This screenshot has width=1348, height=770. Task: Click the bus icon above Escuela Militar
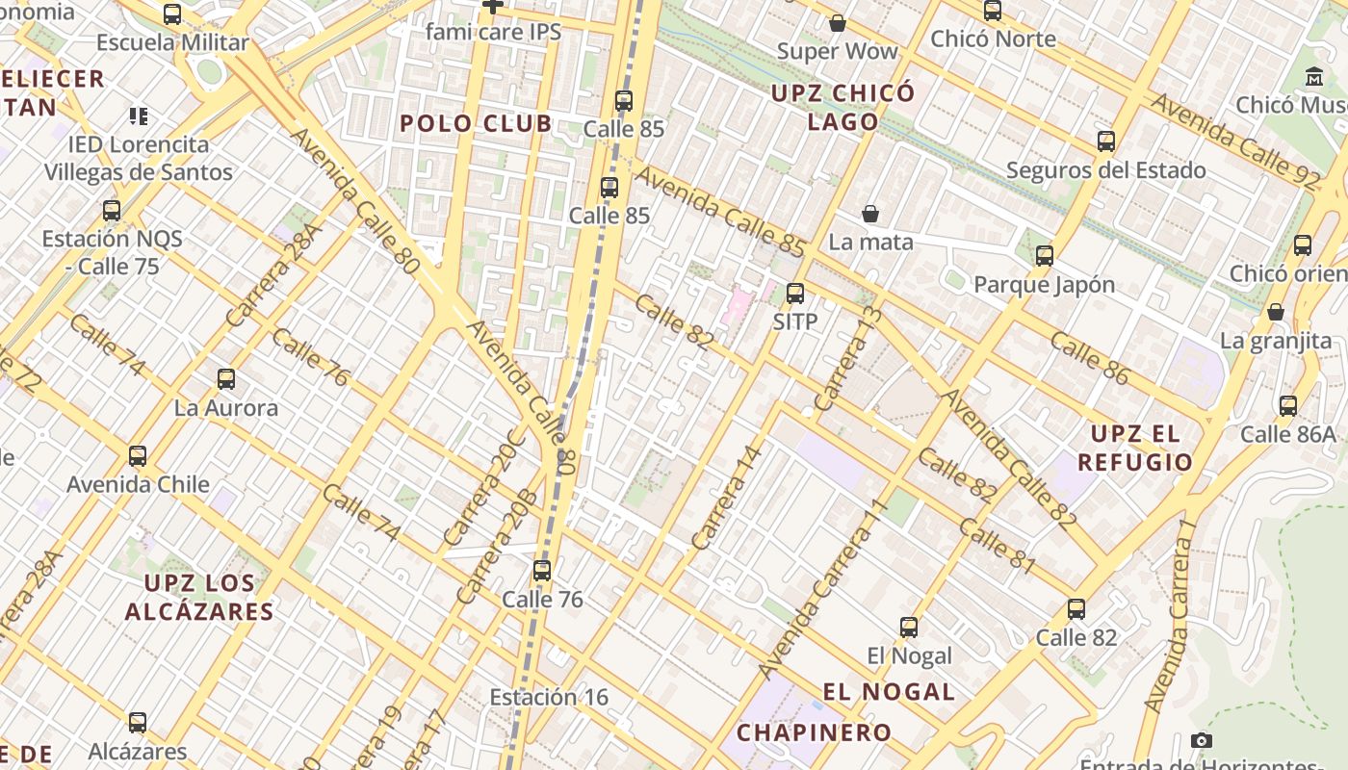[172, 14]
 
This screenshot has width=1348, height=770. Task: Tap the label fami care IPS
[493, 32]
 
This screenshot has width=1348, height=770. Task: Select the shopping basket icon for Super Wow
[837, 23]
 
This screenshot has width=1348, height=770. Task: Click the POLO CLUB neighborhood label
[477, 123]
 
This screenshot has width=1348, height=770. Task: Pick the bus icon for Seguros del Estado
[1106, 142]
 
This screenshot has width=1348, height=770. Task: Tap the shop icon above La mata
[870, 214]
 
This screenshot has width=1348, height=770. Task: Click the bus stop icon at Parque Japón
[1045, 256]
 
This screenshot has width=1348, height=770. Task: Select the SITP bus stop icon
[795, 294]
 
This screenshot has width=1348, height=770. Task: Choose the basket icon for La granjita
[1276, 312]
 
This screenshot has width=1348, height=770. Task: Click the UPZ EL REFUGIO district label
[1135, 448]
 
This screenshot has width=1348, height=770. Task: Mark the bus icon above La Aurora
[226, 379]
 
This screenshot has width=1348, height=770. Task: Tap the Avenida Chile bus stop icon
[138, 456]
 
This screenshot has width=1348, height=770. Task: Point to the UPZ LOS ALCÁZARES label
[199, 597]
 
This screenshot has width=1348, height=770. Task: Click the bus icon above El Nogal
[909, 628]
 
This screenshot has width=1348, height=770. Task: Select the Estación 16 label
[549, 697]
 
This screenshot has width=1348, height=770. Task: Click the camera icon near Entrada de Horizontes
[1201, 740]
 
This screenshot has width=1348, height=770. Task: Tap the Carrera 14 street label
[727, 497]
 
